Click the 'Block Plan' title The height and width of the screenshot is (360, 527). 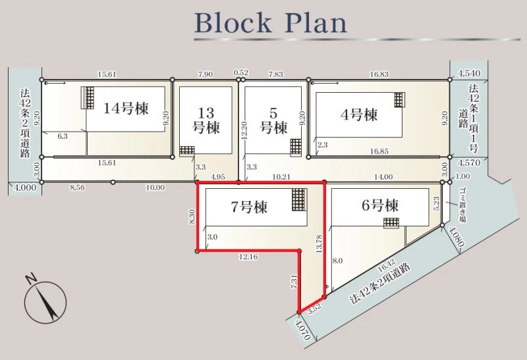[x=271, y=23]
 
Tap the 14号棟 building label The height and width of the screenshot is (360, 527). [x=126, y=108]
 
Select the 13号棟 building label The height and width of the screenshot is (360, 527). [x=206, y=120]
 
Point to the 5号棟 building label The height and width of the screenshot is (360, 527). [x=274, y=120]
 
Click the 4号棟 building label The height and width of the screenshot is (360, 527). [x=359, y=115]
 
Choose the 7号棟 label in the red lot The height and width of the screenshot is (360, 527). [x=249, y=207]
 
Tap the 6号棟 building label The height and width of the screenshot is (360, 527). [x=380, y=205]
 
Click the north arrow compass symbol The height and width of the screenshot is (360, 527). [x=45, y=299]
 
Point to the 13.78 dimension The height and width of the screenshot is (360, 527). [x=319, y=244]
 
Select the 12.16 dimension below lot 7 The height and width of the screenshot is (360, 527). [x=248, y=257]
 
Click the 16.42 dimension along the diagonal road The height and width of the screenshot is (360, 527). [x=387, y=267]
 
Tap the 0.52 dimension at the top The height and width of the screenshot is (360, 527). [x=240, y=73]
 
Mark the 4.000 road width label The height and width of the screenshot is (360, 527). [x=24, y=188]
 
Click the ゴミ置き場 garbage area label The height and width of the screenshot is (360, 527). [x=462, y=205]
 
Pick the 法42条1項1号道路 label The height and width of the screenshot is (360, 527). [x=469, y=118]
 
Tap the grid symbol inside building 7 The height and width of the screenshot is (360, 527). [x=299, y=199]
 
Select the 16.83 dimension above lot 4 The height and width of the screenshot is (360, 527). [x=379, y=74]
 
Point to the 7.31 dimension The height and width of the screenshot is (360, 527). [x=293, y=282]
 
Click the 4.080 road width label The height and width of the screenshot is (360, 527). [x=457, y=237]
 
